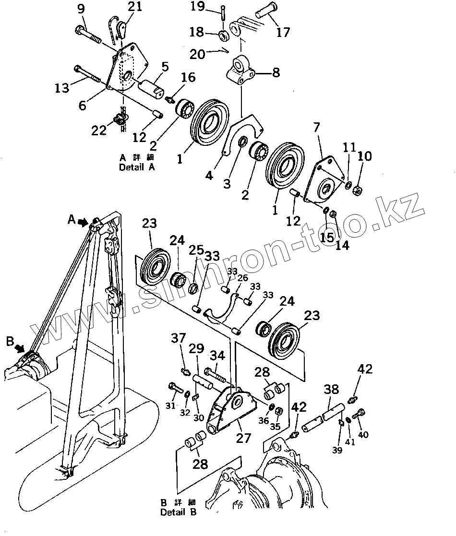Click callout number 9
80,8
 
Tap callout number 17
283,32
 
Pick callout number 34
217,356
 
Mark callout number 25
195,250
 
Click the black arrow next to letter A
83,222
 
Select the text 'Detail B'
179,512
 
